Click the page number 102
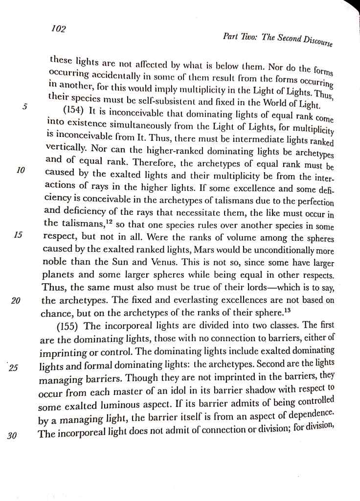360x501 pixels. coord(58,29)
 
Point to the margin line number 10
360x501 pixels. coord(20,170)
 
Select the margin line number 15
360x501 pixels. coord(18,234)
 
